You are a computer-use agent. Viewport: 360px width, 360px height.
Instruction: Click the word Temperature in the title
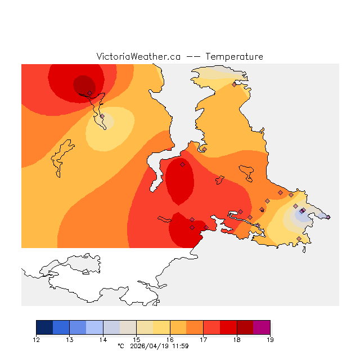point(234,57)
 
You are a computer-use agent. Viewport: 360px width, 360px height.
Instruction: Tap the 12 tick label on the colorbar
point(37,340)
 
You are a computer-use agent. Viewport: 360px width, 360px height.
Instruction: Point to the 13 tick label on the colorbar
point(70,340)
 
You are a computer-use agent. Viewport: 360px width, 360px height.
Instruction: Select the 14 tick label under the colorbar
point(103,340)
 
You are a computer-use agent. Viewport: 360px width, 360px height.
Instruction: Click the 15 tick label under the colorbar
point(137,340)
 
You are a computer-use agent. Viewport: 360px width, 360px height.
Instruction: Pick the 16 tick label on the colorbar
point(170,340)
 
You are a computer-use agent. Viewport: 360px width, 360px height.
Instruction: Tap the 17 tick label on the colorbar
point(203,340)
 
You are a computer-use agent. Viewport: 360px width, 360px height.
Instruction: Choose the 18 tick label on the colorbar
point(236,340)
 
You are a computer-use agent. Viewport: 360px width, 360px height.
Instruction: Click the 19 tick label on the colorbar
point(269,340)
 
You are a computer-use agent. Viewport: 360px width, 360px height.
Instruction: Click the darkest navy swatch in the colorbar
point(44,327)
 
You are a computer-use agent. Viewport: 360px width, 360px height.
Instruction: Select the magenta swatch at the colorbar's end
point(262,327)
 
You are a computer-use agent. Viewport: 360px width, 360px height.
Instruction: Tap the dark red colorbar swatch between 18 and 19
point(245,327)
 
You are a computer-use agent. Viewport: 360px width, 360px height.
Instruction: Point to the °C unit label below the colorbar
point(120,346)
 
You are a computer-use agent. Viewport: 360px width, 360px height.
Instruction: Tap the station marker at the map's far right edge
point(328,217)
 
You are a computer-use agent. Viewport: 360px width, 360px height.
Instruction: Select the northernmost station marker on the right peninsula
point(234,84)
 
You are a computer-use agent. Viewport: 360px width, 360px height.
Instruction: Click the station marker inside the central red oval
point(182,165)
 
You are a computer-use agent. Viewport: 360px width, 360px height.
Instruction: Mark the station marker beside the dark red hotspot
point(89,93)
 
